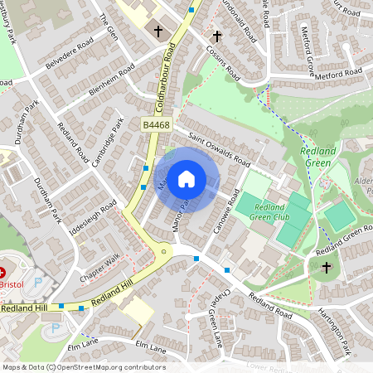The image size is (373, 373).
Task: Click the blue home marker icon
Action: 186,178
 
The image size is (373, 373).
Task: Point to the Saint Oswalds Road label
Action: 219,149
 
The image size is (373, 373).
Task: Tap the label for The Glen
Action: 109,26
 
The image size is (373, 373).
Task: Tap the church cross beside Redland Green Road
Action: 326,268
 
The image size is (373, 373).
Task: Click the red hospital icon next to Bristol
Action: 2,273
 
